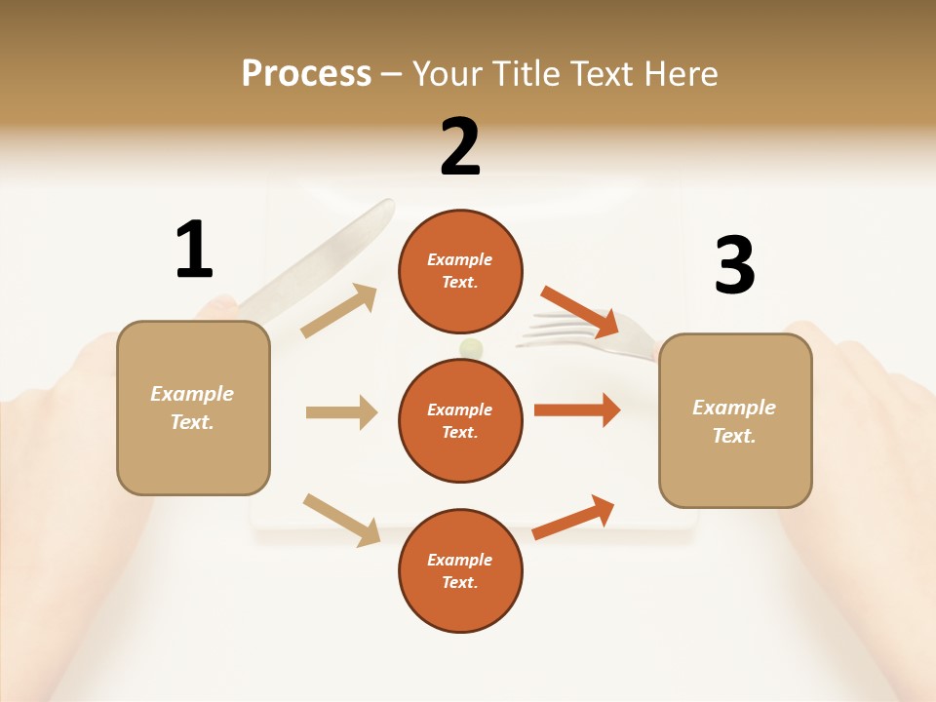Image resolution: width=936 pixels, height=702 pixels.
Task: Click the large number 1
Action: [194, 250]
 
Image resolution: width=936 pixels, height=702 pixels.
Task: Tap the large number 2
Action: [460, 147]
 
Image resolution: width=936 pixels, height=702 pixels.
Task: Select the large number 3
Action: [735, 265]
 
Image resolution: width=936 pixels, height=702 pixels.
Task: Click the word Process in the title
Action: [306, 73]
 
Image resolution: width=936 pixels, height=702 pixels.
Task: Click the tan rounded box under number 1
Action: [193, 408]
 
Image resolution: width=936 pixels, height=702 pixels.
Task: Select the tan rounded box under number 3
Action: [735, 421]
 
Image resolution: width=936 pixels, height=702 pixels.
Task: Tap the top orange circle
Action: [460, 271]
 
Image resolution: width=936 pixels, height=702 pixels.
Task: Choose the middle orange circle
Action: [460, 420]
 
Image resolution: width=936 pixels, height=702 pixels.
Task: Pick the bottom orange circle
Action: [460, 570]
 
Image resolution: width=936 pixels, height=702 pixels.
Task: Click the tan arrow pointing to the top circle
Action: [339, 311]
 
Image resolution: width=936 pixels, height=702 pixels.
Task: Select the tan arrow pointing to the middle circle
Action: [341, 412]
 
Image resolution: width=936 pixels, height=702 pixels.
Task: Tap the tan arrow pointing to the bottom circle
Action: [341, 519]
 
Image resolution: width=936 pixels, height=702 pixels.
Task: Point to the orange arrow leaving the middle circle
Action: [576, 409]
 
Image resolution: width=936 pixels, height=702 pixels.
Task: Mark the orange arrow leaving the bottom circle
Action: [573, 517]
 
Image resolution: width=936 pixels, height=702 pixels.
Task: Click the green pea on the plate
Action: [471, 347]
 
